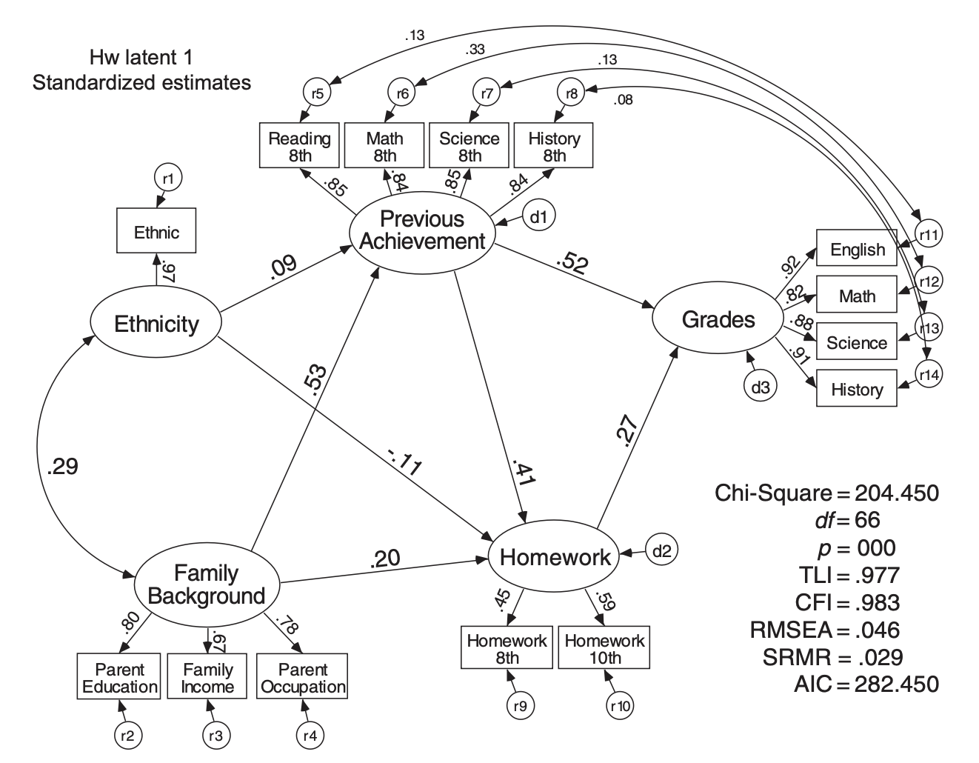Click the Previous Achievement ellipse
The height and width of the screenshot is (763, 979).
421,230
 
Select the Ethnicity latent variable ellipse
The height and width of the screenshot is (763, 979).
156,324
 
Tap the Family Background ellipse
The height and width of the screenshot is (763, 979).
207,584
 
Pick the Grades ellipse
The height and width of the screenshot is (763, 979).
718,319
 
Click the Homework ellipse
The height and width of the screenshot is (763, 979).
555,557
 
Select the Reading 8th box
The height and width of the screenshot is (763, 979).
299,147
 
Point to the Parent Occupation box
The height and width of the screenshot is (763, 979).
302,678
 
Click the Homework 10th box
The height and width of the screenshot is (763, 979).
604,649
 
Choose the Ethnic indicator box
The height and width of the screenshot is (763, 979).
156,233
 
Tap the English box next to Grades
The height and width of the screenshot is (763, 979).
857,250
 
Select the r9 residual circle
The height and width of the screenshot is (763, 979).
521,707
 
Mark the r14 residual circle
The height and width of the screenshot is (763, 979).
929,375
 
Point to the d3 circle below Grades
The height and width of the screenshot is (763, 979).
761,386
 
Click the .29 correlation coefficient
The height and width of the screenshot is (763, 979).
61,467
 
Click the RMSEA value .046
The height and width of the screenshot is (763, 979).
878,630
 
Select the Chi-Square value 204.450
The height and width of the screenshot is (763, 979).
896,493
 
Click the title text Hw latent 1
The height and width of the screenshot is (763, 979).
141,58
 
